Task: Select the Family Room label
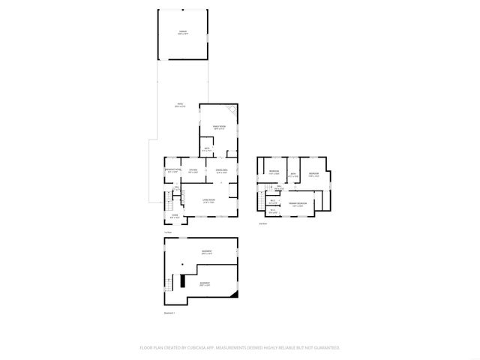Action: (x=219, y=128)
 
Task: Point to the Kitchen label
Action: (x=193, y=172)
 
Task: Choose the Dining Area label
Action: (x=221, y=172)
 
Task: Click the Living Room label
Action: (x=209, y=201)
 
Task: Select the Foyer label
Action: (x=174, y=216)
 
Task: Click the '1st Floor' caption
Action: (x=168, y=232)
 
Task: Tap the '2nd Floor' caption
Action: (x=262, y=223)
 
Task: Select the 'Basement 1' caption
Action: (x=169, y=313)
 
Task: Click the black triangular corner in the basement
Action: (x=234, y=293)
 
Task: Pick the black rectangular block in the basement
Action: (x=183, y=283)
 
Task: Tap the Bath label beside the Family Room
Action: (x=207, y=149)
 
